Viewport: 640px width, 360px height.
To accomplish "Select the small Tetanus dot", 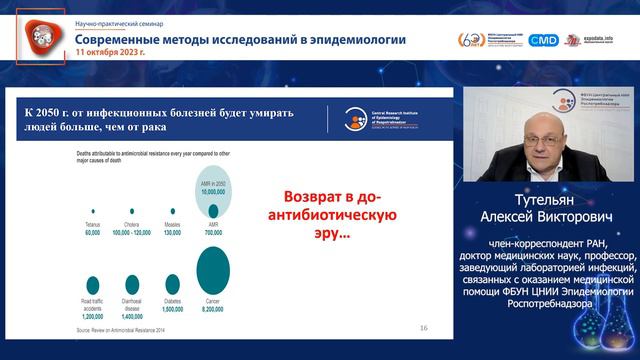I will pyautogui.click(x=93, y=211).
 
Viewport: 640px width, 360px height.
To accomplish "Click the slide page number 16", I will pyautogui.click(x=423, y=327).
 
